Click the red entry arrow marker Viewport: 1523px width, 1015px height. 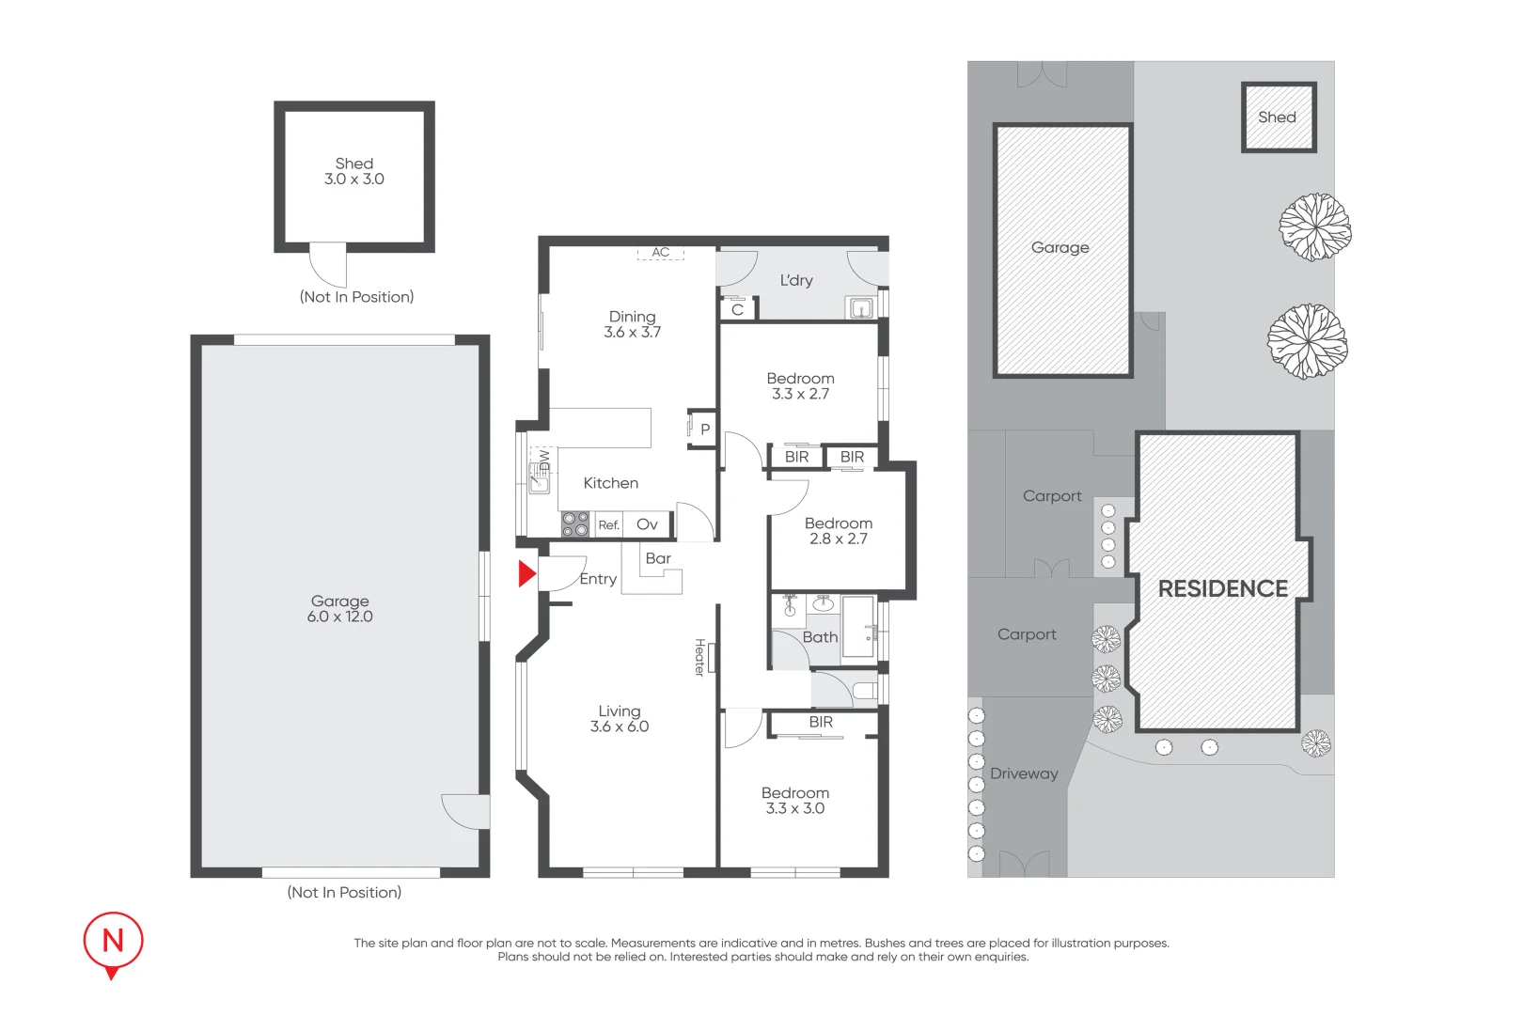click(x=526, y=573)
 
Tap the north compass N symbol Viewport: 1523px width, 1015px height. click(x=113, y=940)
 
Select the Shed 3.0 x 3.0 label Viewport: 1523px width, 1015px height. click(x=354, y=171)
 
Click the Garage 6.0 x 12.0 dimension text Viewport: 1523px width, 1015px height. click(x=340, y=617)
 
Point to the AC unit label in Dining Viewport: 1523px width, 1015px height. click(x=661, y=253)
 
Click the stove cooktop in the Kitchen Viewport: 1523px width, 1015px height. click(x=574, y=524)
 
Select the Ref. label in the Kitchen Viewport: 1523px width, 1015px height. click(x=609, y=525)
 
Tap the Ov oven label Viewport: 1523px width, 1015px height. click(x=647, y=524)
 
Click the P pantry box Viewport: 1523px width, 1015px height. click(x=704, y=429)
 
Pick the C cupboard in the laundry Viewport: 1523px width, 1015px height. click(x=737, y=309)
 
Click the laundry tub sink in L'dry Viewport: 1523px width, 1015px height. click(x=860, y=308)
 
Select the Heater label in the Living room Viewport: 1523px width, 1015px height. click(x=700, y=657)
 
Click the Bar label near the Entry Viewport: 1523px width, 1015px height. click(x=658, y=558)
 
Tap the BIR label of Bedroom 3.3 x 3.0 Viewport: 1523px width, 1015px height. click(x=821, y=723)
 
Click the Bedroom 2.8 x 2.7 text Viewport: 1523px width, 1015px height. click(x=839, y=531)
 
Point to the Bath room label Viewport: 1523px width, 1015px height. click(x=820, y=637)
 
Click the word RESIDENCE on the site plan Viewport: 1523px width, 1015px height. click(x=1222, y=589)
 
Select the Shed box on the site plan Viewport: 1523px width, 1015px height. click(x=1278, y=117)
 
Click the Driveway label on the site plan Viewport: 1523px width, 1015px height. click(x=1024, y=773)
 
